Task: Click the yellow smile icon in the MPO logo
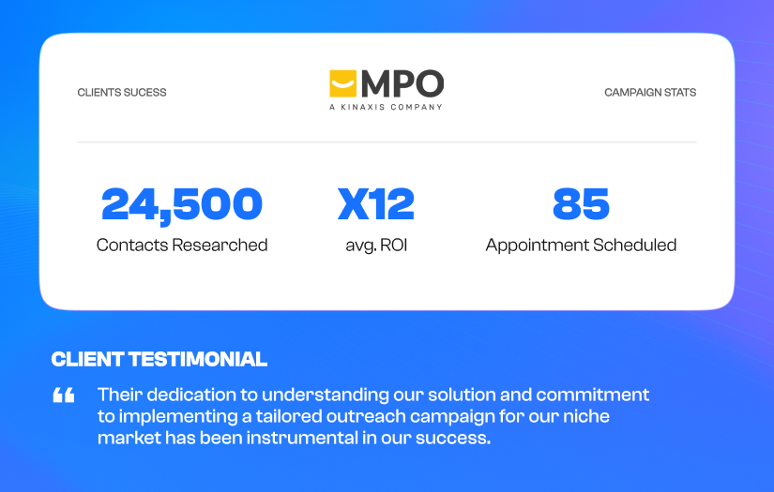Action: click(343, 83)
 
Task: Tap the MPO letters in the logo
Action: click(402, 83)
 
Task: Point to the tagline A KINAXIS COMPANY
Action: click(386, 107)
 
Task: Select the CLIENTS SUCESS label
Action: click(122, 93)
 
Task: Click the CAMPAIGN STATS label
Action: click(650, 93)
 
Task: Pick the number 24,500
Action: click(182, 204)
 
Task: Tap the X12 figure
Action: click(376, 204)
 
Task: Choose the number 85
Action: click(581, 204)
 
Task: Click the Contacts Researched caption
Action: click(182, 246)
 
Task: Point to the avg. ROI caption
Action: click(376, 246)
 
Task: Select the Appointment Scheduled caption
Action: click(581, 246)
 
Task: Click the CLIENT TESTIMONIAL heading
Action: click(159, 360)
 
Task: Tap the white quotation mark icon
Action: click(64, 395)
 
